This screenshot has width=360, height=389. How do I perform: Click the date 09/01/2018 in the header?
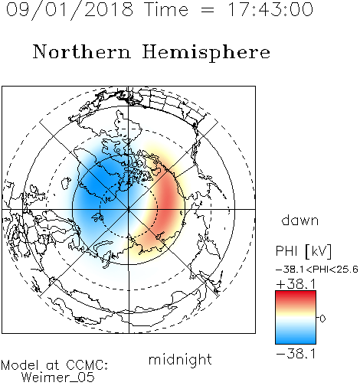[70, 10]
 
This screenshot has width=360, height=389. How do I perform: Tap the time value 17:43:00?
[270, 9]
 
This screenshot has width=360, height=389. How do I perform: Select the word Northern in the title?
[82, 51]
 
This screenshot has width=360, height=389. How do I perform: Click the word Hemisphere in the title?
[206, 53]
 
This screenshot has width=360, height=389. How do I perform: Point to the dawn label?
[300, 220]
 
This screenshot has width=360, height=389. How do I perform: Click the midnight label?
[180, 359]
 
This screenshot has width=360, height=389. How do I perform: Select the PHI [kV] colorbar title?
[303, 251]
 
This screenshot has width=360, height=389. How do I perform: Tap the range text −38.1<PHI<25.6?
[317, 270]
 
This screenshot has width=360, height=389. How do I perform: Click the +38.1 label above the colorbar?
[296, 284]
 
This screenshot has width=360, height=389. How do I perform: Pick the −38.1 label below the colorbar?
[296, 354]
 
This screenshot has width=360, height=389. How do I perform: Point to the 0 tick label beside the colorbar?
[322, 319]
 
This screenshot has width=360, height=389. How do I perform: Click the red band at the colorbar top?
[296, 296]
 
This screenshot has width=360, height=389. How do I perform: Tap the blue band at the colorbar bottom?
[296, 338]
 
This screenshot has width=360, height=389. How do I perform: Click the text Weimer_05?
[58, 378]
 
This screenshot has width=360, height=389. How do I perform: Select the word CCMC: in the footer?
[87, 365]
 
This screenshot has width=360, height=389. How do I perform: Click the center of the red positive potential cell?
[168, 201]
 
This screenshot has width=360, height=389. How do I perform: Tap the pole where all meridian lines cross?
[129, 209]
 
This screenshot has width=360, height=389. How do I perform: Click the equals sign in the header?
[207, 10]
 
